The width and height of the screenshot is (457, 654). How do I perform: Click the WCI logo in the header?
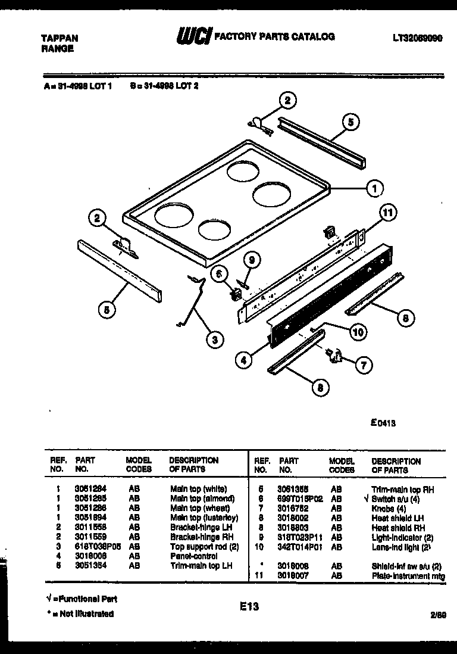click(x=193, y=38)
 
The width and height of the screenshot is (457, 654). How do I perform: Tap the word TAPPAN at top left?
click(x=59, y=38)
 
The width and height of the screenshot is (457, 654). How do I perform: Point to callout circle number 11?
click(x=389, y=212)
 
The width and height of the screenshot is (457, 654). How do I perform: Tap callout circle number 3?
click(x=214, y=340)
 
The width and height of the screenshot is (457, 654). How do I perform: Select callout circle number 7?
click(x=364, y=365)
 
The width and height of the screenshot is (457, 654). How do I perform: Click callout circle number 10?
click(x=357, y=333)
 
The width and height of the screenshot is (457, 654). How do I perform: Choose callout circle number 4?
click(x=242, y=359)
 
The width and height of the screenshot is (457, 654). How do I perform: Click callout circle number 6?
click(x=218, y=272)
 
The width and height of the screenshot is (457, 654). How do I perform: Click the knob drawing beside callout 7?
click(x=333, y=356)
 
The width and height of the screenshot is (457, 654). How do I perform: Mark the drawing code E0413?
click(x=383, y=423)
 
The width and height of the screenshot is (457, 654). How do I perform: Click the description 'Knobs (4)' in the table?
click(x=389, y=507)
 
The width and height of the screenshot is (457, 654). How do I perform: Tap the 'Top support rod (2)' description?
click(x=202, y=546)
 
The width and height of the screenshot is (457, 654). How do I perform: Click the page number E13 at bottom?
click(x=250, y=606)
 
